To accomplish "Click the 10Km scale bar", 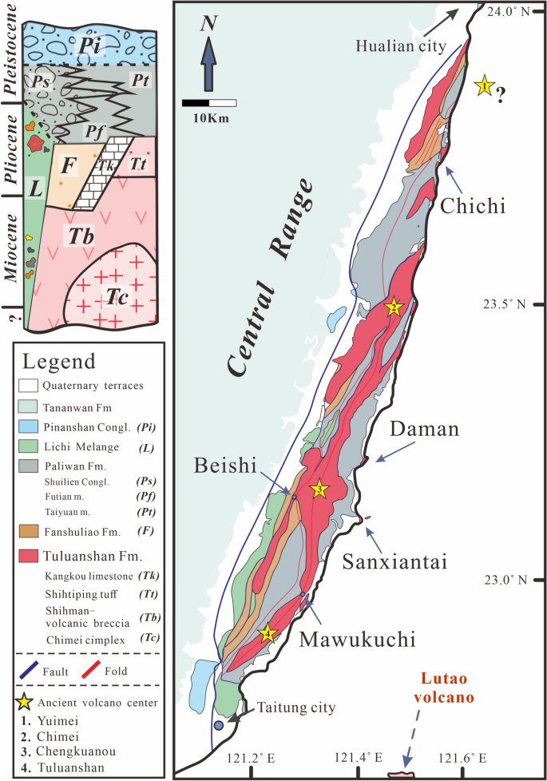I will point(209,103).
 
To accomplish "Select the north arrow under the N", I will point(208,67).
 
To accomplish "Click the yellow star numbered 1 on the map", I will point(483,85).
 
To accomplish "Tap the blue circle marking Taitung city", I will point(219,725).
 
